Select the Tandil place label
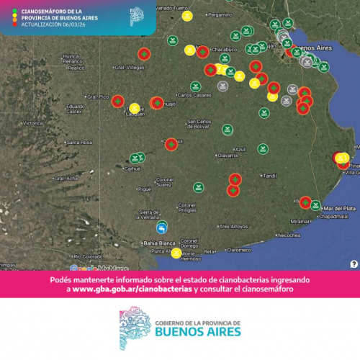pos(271,176)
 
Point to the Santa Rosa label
pos(81,143)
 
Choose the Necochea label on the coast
pos(290,235)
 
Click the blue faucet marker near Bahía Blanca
pos(163,229)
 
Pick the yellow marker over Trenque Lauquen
pos(135,109)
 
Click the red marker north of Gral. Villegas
pos(144,54)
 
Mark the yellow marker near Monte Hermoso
pos(176,253)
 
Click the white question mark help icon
pos(354,264)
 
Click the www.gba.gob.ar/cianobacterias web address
pos(132,289)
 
